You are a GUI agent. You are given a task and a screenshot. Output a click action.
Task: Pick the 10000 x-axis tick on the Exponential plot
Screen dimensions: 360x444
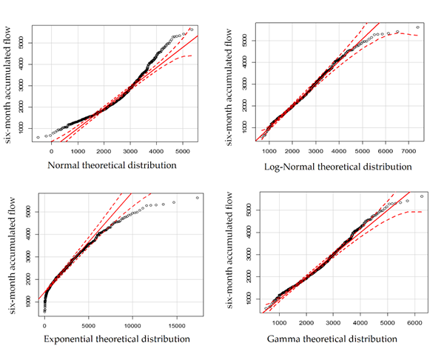(132, 325)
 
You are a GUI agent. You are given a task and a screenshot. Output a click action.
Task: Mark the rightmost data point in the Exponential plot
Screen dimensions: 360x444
(198, 198)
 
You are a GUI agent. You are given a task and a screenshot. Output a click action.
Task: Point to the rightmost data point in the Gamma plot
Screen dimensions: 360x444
(421, 196)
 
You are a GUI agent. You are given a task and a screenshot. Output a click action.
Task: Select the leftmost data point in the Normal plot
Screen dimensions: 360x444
(37, 138)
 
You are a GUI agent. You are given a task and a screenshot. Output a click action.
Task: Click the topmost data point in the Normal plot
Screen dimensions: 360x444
(192, 30)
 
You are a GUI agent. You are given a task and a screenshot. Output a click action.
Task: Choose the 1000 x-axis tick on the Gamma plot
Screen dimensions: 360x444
(280, 325)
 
